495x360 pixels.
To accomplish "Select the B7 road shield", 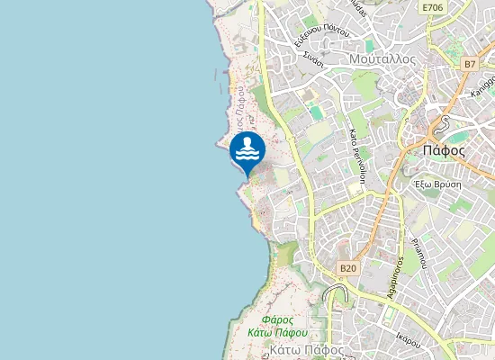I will pos(471,65).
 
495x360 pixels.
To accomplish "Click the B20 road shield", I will pos(348,268).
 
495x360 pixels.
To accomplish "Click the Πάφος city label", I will pos(443,150).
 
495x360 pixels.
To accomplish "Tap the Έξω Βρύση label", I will pos(437,182).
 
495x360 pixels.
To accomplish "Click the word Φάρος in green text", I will pos(276,319).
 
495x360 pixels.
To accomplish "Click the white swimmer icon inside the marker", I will pos(247,148).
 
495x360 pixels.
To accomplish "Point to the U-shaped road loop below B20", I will pos(335,293).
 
